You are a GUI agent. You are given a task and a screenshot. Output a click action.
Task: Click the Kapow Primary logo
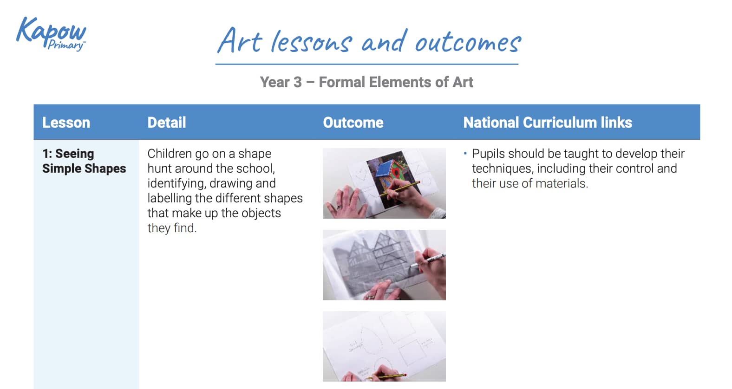point(51,33)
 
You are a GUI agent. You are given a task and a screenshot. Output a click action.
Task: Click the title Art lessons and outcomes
point(369,41)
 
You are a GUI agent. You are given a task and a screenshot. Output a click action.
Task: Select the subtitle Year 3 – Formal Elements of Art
point(366,82)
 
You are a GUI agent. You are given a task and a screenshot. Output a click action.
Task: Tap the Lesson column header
point(66,123)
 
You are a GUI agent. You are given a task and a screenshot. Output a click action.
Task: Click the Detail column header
point(167,123)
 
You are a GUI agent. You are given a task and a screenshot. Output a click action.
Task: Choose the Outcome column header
point(353,123)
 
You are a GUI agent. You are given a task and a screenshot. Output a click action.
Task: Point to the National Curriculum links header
point(547,123)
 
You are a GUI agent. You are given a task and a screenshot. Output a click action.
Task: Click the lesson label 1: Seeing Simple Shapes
point(84,161)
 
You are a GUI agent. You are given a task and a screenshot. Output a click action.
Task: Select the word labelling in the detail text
point(169,198)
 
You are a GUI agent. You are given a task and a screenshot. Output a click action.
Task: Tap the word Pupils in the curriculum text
point(489,154)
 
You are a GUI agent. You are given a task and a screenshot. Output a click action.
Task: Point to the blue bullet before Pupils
point(465,153)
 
